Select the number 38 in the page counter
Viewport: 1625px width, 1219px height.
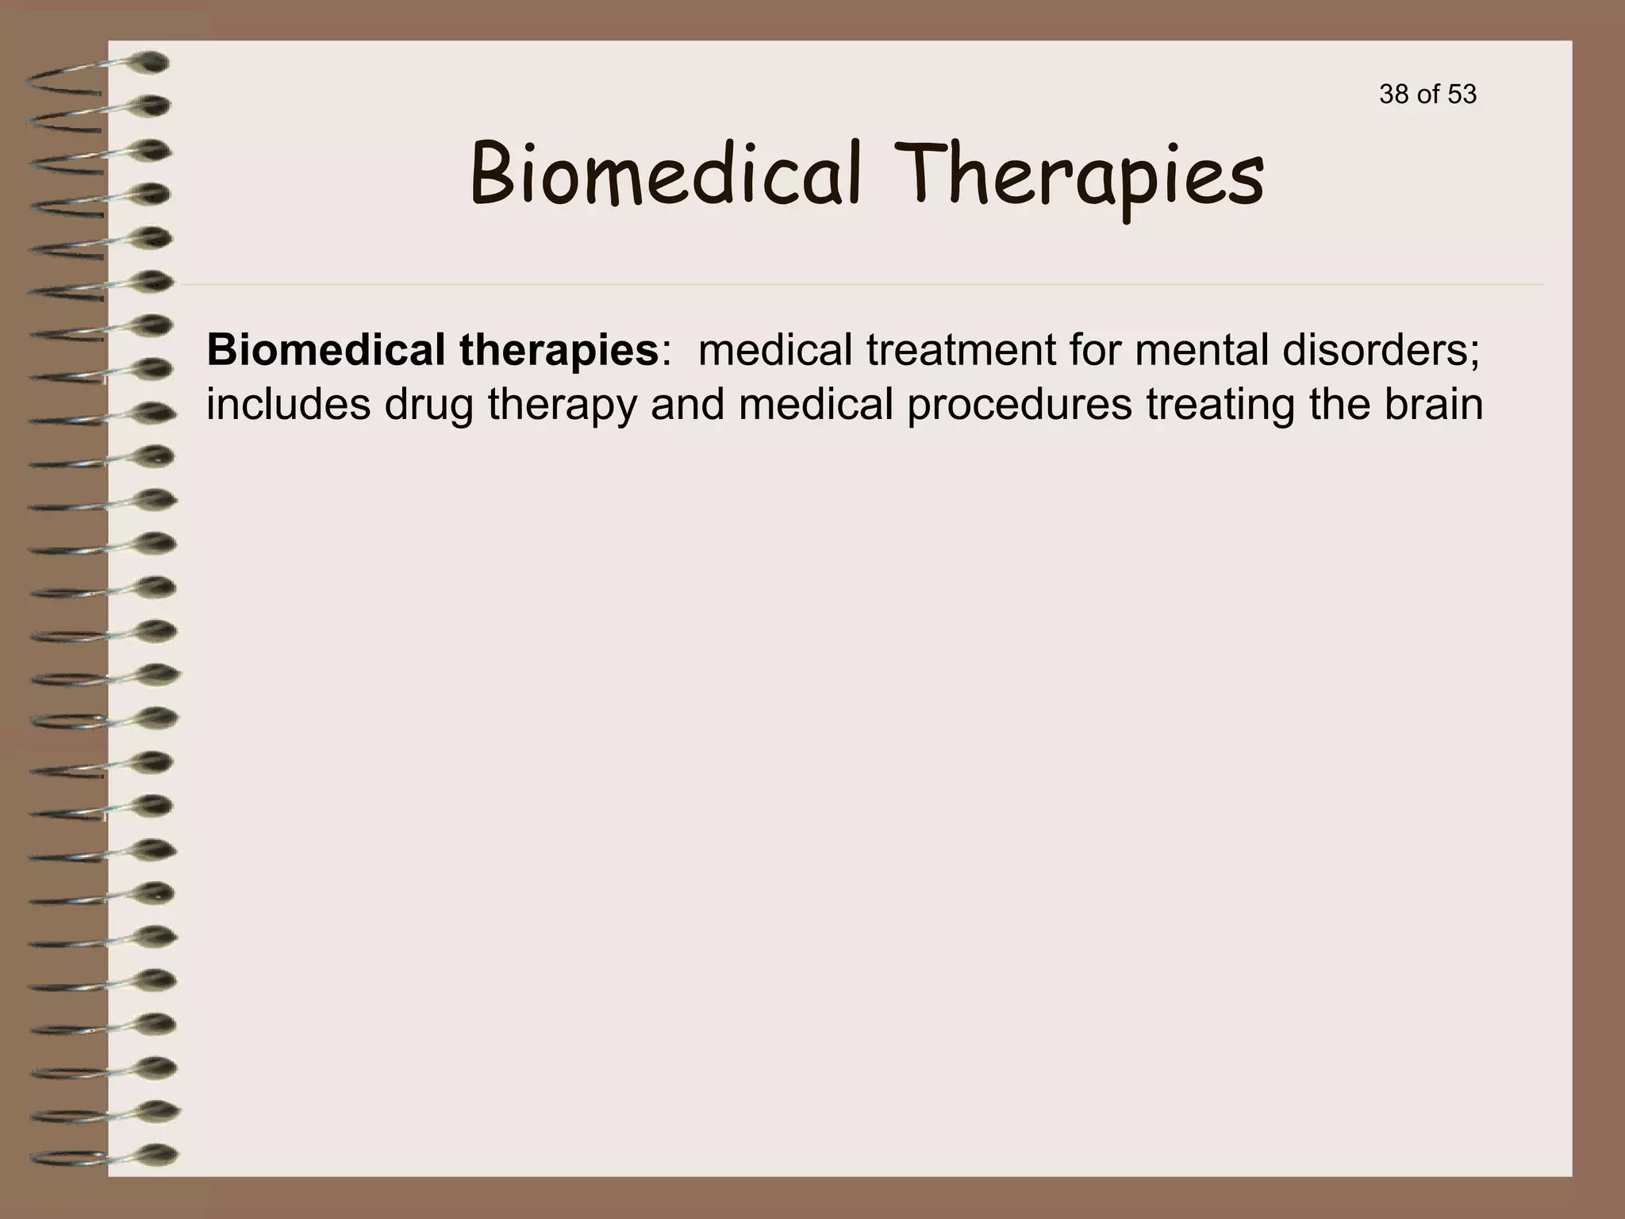pos(1393,94)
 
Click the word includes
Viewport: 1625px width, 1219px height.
pos(288,404)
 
